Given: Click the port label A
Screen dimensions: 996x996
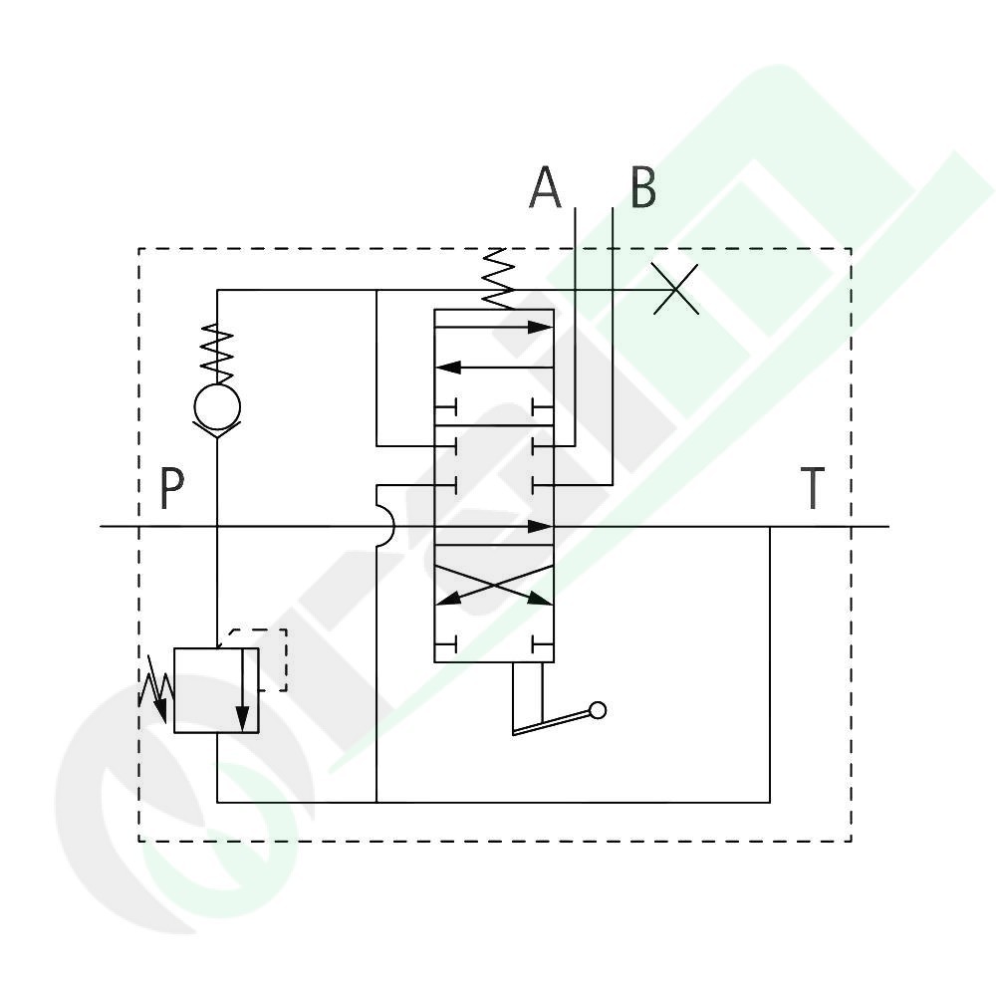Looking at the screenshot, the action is point(545,187).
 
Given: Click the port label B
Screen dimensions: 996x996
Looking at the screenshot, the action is point(642,187).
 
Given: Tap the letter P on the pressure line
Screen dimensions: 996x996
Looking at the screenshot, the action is point(171,488).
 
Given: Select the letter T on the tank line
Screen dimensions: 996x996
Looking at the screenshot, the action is point(813,488).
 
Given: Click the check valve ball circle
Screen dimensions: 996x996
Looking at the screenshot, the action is point(217,406).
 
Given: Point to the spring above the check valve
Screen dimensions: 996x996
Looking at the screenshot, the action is point(217,354).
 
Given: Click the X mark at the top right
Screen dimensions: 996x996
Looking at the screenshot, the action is point(676,289).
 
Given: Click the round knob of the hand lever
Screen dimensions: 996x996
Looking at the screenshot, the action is point(598,710).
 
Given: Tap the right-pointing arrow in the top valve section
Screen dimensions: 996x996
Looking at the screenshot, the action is point(494,327).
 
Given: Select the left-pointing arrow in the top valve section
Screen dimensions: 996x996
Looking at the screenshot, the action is point(494,368).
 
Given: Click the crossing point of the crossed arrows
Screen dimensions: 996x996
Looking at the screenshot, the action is point(494,586).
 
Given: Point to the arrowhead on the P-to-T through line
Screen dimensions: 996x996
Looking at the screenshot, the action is point(540,526).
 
